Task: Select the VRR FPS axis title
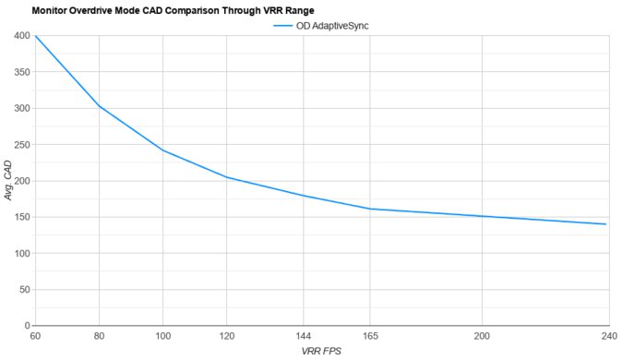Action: coord(320,352)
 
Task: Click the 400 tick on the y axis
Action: coord(19,36)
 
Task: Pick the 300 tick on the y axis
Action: coord(19,109)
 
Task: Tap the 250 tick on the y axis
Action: coord(19,145)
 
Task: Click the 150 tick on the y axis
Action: coord(19,218)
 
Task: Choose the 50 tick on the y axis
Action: coord(22,290)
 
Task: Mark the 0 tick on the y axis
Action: coord(25,326)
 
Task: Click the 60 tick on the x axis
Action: coord(35,336)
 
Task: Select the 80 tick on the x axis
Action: coord(100,336)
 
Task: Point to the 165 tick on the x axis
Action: coord(369,336)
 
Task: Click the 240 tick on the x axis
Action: coord(605,336)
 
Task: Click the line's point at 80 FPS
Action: coord(100,107)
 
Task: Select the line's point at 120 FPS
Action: coord(227,177)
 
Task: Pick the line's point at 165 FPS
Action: coord(369,209)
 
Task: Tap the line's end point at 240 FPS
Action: coord(605,224)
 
